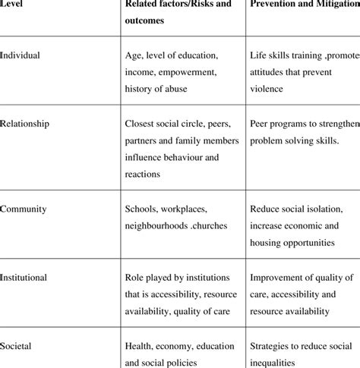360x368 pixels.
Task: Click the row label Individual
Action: tap(21, 55)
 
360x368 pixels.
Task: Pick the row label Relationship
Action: tap(27, 121)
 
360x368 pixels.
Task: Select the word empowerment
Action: tap(186, 72)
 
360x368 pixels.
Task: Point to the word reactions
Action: tap(144, 173)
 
